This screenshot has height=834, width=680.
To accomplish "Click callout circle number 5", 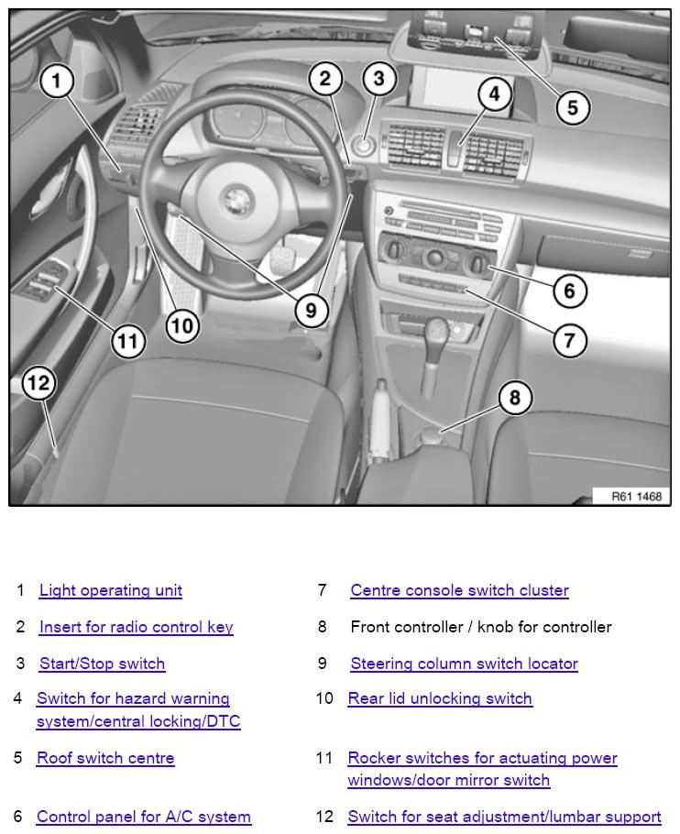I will coord(572,108).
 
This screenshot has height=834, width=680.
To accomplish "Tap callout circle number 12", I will coord(38,382).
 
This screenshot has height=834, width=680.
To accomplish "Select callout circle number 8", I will coord(515,398).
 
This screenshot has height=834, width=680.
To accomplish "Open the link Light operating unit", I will coord(110,591).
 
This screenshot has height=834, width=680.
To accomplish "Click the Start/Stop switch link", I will coord(102,664).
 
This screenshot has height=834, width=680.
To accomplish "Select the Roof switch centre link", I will coord(105,759).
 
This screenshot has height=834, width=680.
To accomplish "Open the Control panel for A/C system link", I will coord(144,817).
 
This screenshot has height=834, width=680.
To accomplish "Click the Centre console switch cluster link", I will coord(459,591).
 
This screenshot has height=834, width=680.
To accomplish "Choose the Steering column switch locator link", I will coord(464,664).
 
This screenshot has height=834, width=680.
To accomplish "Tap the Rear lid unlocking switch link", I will coord(440,699).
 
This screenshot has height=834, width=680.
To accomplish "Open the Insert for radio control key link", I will coord(136,628).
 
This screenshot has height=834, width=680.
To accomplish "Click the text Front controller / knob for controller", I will coord(480,628).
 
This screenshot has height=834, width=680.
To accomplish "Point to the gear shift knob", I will coord(436,330).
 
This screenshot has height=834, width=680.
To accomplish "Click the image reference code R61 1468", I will coord(636,496).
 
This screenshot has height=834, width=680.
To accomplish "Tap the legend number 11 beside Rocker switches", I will coord(324,759).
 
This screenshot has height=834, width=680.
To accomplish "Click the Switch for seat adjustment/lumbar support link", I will coord(504,817).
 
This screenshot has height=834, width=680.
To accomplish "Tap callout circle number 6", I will coord(569,291).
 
